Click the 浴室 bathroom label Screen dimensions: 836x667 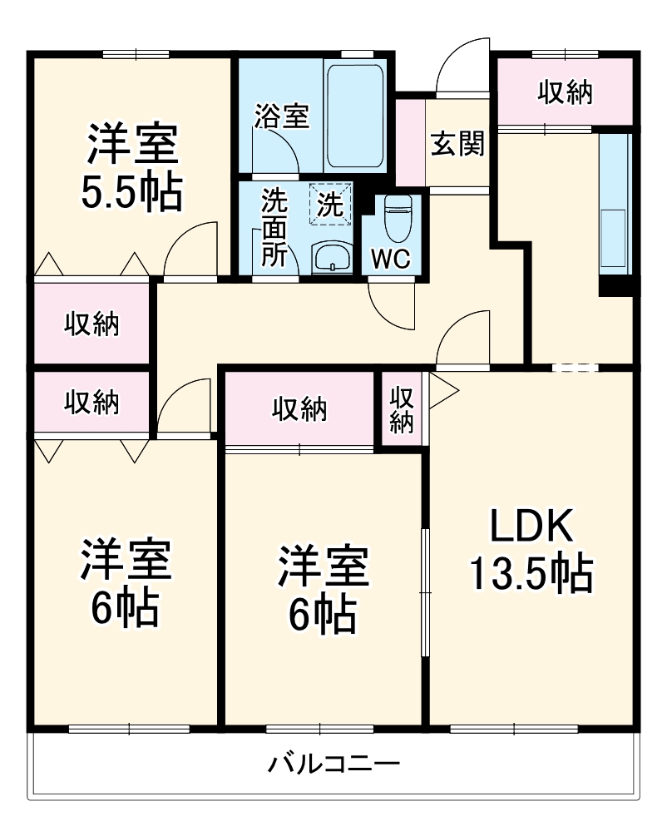pos(281,116)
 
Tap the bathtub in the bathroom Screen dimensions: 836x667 pos(354,116)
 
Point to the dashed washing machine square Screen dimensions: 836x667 pos(331,204)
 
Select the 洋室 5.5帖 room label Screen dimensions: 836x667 pos(131,166)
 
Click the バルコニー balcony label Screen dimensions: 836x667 pos(335,762)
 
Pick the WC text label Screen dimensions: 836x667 pos(390,259)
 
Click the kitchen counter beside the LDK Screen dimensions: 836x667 pos(615,204)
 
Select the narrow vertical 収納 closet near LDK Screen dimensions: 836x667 pos(403,408)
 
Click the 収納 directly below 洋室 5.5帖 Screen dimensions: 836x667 pos(91,324)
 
